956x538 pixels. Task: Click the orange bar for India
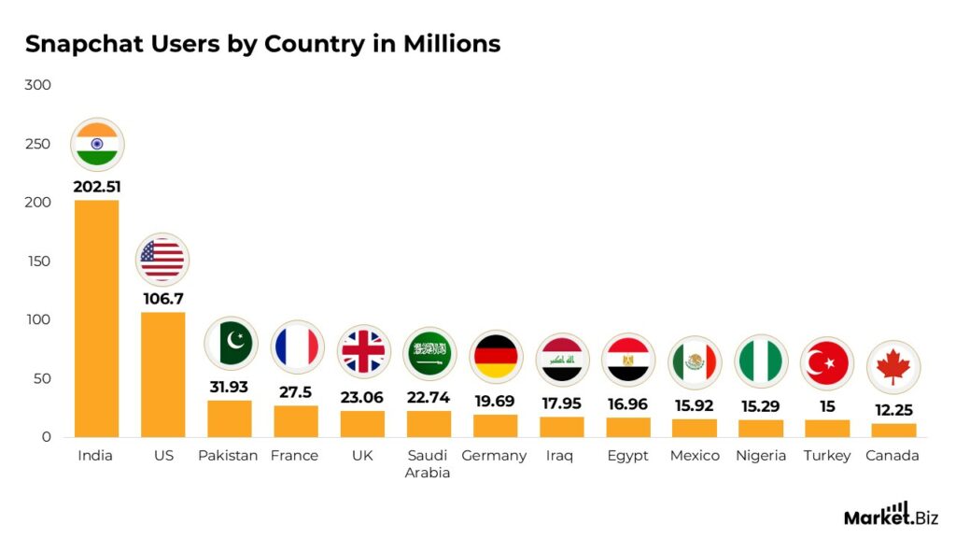click(97, 318)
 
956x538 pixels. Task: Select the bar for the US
click(163, 374)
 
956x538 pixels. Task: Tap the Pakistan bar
click(230, 418)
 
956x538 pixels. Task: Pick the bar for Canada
click(893, 430)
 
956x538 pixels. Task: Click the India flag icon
click(97, 145)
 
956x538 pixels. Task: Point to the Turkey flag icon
click(827, 363)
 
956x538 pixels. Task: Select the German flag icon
click(496, 357)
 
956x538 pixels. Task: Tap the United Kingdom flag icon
click(363, 352)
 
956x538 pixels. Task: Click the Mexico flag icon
click(695, 362)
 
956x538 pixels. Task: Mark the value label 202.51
click(97, 186)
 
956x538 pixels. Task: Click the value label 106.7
click(163, 299)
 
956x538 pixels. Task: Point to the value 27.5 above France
click(296, 392)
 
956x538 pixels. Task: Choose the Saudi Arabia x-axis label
click(428, 463)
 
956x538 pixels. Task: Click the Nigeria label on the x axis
click(761, 456)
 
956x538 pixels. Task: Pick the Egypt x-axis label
click(627, 456)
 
